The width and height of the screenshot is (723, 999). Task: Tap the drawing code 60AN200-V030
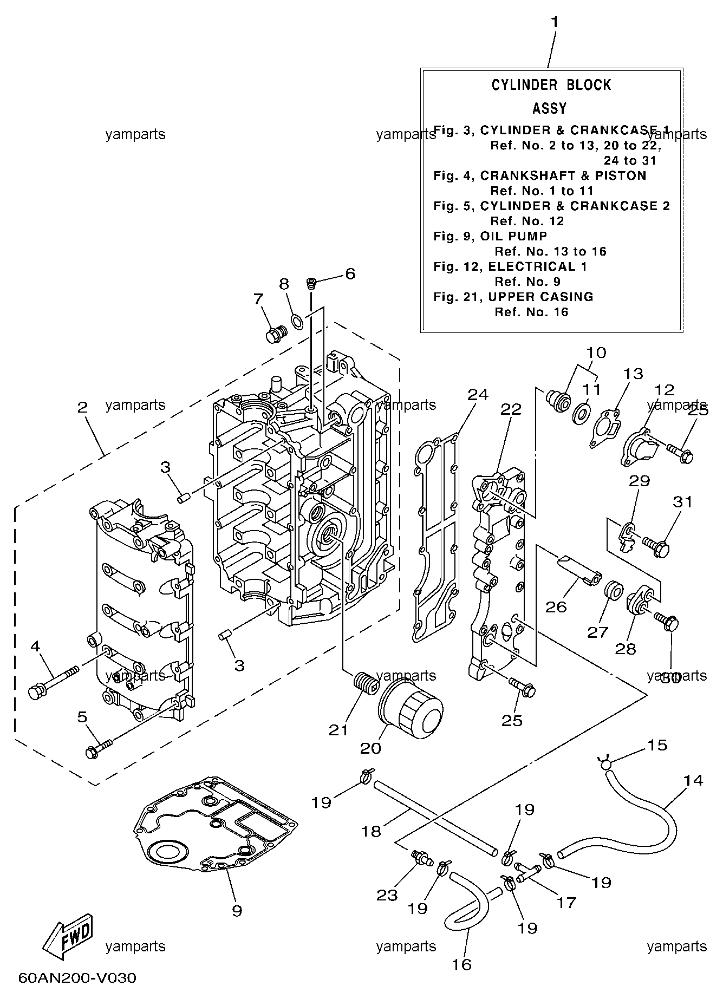click(x=77, y=978)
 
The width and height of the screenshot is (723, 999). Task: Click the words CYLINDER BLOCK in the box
click(x=551, y=85)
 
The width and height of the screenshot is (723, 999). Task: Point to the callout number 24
click(x=478, y=395)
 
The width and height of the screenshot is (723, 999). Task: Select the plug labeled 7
click(x=276, y=334)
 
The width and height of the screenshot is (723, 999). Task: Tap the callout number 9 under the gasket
click(x=237, y=911)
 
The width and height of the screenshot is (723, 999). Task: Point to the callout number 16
click(x=462, y=964)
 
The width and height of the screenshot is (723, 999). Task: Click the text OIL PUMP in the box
click(x=513, y=236)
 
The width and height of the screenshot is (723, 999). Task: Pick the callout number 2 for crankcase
click(x=82, y=407)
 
